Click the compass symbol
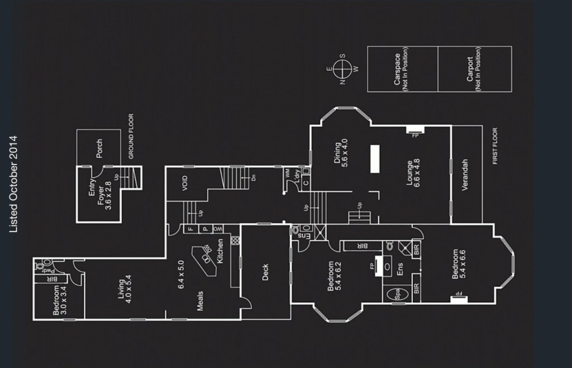(342, 69)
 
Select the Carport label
(474, 69)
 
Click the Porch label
(99, 148)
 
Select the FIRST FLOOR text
(495, 146)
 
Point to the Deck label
(265, 272)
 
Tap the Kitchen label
(220, 251)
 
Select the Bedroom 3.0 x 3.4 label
(59, 301)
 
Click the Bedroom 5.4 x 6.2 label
(333, 277)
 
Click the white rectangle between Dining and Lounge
(374, 159)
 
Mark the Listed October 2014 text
(14, 184)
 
